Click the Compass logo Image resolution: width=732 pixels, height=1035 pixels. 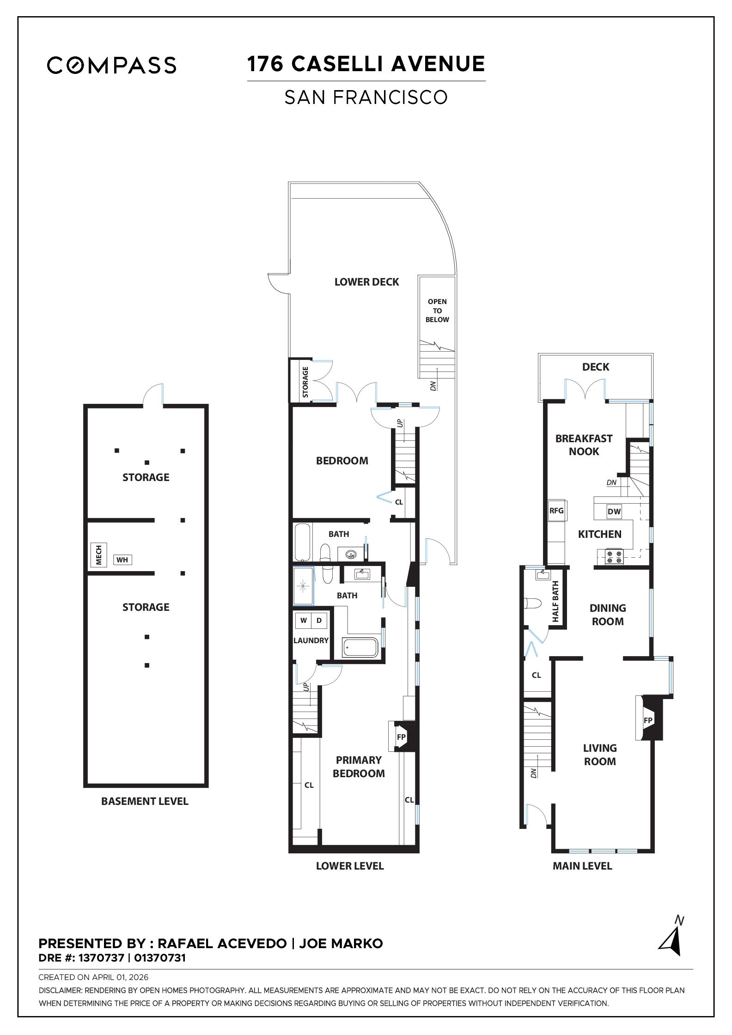[111, 65]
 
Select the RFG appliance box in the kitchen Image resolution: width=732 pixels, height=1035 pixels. [556, 511]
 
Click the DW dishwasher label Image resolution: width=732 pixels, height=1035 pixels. [614, 511]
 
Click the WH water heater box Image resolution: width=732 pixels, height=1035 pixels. [122, 560]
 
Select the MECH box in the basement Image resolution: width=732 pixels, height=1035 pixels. [98, 555]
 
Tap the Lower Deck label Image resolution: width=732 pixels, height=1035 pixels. [366, 282]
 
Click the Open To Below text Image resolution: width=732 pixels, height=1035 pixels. [437, 310]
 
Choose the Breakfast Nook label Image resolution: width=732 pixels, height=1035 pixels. [584, 445]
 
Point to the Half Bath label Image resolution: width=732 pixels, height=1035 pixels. [555, 601]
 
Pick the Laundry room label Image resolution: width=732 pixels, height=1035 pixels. [311, 640]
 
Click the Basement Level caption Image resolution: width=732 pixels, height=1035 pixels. [145, 801]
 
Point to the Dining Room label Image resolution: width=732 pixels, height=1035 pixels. [608, 615]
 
